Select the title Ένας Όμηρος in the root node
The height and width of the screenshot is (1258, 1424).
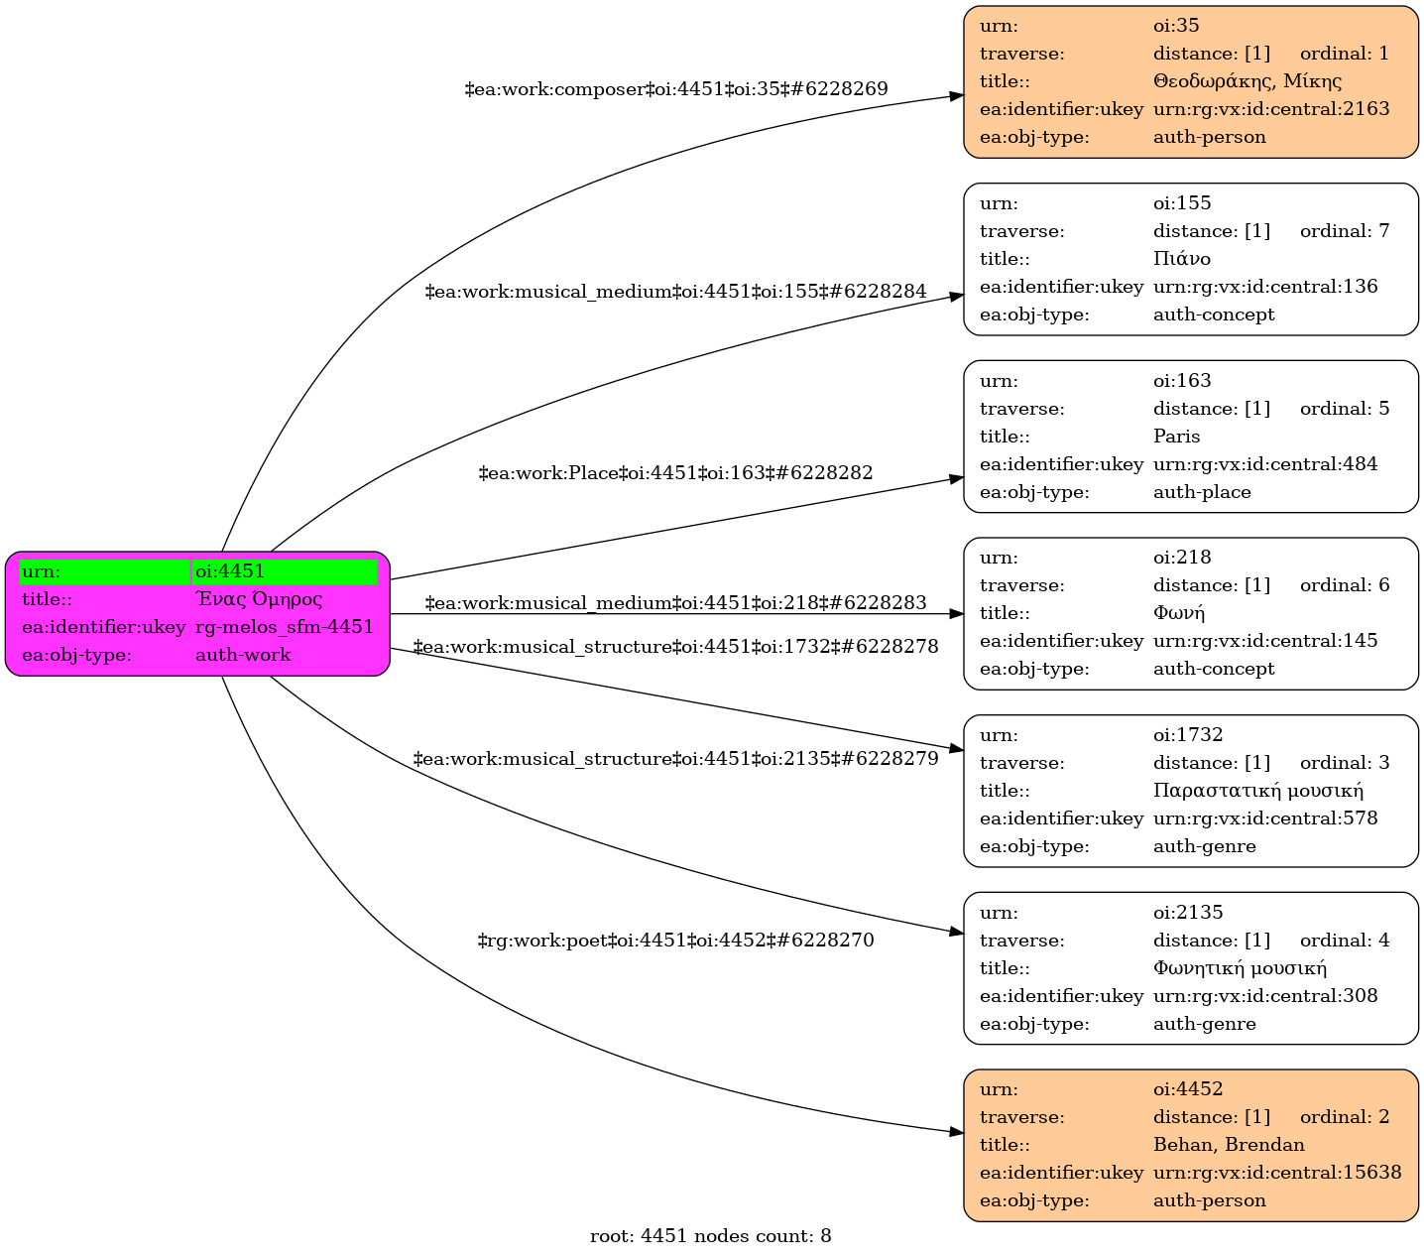click(x=259, y=599)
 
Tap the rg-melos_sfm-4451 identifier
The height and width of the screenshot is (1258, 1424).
click(x=285, y=627)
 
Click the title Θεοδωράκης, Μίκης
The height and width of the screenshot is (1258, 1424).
click(x=1247, y=81)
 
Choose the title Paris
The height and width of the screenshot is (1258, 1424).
click(x=1177, y=437)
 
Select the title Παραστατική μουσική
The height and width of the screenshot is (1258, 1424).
click(x=1258, y=791)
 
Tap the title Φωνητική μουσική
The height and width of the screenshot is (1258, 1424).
click(x=1240, y=968)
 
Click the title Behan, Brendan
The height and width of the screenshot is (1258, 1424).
click(x=1229, y=1145)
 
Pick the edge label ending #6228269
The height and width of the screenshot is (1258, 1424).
click(x=676, y=89)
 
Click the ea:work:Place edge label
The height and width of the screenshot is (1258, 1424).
click(x=675, y=473)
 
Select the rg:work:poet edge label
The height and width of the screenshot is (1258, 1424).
click(x=675, y=941)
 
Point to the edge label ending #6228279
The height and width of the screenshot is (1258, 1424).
click(x=675, y=760)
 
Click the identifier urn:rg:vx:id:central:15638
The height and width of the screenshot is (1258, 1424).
click(x=1277, y=1173)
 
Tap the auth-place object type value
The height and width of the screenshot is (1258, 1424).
click(x=1202, y=492)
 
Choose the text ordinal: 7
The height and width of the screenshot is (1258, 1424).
click(x=1345, y=231)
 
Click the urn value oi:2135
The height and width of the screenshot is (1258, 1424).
click(x=1188, y=913)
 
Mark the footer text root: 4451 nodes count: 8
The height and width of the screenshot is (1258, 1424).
click(x=711, y=1236)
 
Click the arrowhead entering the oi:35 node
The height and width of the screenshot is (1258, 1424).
click(x=956, y=96)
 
